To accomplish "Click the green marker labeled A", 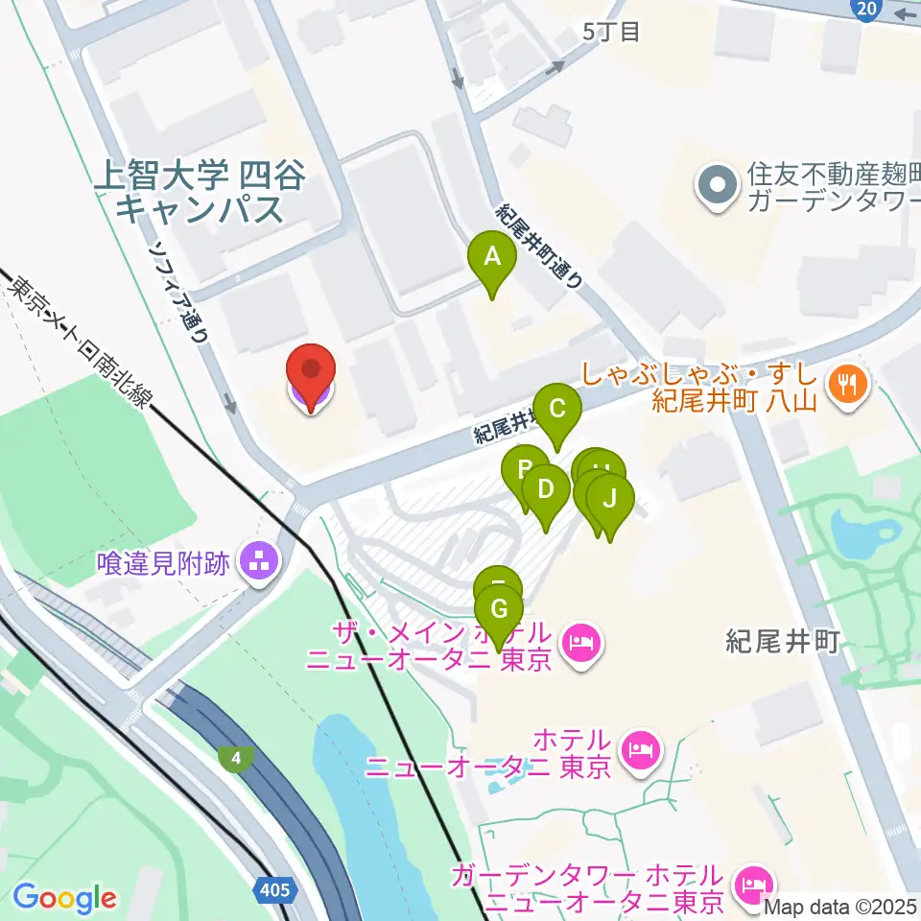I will click(491, 257).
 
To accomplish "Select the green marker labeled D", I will click(546, 490).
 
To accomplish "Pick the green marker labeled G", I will click(499, 610).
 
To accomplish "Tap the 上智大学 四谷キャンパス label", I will click(199, 192).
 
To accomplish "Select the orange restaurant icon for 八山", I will click(847, 386).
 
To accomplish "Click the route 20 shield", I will click(866, 9).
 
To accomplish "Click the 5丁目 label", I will click(611, 33).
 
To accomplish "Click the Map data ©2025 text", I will click(840, 905).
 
